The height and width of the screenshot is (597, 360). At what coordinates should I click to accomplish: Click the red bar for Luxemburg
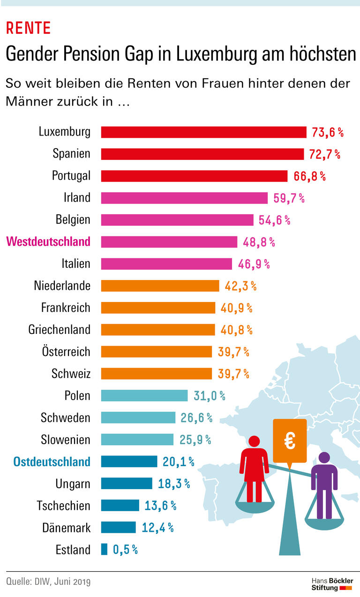[x=204, y=132]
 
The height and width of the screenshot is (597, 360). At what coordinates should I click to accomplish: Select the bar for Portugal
[x=194, y=176]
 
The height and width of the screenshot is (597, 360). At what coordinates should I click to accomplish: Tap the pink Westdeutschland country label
[x=48, y=242]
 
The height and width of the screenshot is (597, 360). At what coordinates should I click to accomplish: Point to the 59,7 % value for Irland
[x=289, y=198]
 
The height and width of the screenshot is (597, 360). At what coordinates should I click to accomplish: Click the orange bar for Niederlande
[x=160, y=286]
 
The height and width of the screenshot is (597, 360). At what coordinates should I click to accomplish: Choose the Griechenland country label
[x=59, y=330]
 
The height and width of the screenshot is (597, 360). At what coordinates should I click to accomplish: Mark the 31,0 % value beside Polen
[x=209, y=396]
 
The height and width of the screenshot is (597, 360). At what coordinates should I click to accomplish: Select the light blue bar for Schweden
[x=138, y=417]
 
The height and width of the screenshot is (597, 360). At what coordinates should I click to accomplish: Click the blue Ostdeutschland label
[x=52, y=461]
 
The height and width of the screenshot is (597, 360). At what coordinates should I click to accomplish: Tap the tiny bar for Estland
[x=104, y=549]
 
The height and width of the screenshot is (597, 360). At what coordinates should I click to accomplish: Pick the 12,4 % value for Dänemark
[x=157, y=528]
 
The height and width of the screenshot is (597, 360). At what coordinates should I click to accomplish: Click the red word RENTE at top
[x=28, y=29]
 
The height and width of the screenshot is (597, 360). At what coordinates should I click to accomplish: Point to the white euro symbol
[x=290, y=441]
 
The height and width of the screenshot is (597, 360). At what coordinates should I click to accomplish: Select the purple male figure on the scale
[x=324, y=483]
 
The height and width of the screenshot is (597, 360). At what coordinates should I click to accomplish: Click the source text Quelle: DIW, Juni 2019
[x=48, y=582]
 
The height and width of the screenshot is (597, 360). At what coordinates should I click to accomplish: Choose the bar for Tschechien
[x=120, y=505]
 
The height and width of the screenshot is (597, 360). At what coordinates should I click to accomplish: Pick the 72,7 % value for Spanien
[x=324, y=154]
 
